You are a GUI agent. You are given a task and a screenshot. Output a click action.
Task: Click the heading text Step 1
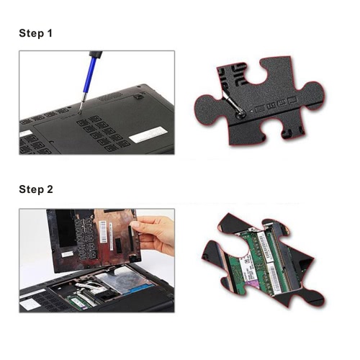35,33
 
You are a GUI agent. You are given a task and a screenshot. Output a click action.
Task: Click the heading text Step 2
36,189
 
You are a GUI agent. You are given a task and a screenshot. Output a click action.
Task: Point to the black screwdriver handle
96,54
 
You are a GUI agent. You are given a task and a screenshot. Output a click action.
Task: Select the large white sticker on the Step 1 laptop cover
148,135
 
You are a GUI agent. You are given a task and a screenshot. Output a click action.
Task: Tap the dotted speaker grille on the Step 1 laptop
110,96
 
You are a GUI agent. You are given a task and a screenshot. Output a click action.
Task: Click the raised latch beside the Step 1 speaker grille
138,96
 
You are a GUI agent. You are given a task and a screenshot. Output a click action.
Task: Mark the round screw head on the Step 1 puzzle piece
240,114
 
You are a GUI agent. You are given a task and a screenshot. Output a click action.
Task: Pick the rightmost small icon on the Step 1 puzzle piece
292,100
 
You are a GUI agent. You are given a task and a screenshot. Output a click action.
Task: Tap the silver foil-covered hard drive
124,279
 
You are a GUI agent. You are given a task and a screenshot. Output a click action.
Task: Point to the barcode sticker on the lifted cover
103,231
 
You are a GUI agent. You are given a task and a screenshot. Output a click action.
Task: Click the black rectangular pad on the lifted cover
119,246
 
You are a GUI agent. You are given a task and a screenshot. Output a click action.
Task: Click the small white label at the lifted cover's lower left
67,254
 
